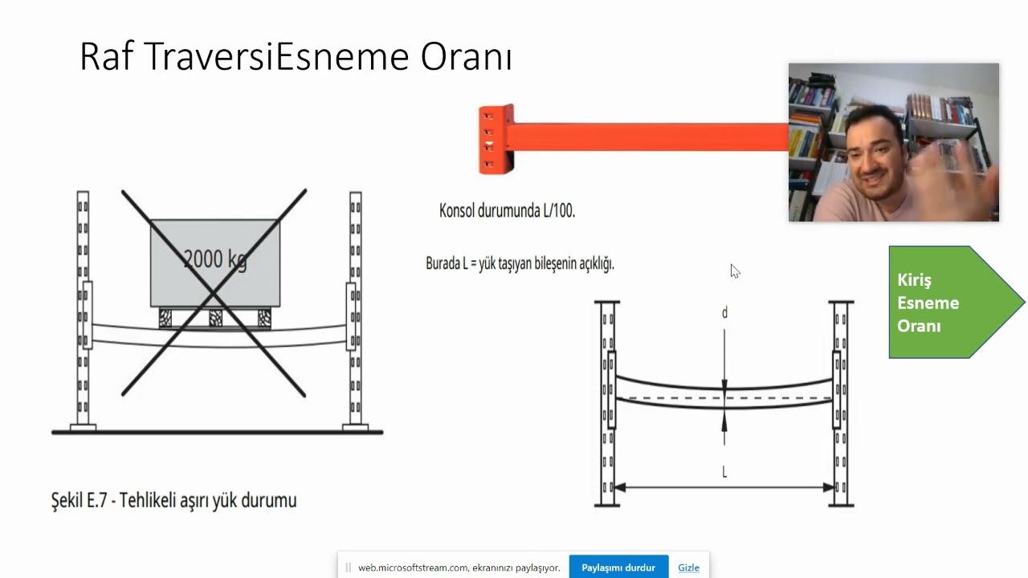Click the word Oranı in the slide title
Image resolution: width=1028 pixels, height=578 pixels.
coord(466,57)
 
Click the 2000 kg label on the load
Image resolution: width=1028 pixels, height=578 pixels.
coord(214,258)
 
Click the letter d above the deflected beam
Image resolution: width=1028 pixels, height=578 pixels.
coord(724,313)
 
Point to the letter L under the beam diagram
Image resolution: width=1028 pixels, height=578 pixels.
coord(724,472)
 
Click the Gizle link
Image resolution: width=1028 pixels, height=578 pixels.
coord(688,568)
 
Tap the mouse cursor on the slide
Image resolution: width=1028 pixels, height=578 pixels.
coord(735,271)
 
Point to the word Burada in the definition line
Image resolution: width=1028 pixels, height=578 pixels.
coord(443,263)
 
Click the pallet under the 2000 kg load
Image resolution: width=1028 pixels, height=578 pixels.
coord(214,318)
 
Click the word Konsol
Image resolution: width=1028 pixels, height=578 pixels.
coord(457,211)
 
